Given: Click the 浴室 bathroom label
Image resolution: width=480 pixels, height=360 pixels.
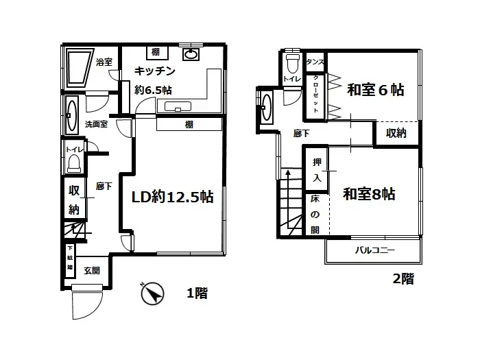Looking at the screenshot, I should tap(104, 62).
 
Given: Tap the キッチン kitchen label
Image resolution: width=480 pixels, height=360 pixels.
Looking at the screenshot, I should tap(155, 71).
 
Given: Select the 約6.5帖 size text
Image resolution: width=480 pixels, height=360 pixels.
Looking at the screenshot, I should tap(154, 89).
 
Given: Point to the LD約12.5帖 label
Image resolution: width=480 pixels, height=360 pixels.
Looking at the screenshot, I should tap(173, 197).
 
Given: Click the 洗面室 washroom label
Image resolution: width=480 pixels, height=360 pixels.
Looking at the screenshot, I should tap(96, 125).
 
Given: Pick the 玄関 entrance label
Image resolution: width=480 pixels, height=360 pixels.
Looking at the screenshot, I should tap(92, 270).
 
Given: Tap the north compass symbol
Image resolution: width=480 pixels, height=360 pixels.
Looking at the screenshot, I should tap(153, 294).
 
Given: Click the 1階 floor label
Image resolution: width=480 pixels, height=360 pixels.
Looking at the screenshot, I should tap(197, 294).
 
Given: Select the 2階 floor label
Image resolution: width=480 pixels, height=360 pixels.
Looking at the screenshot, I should tap(403, 279).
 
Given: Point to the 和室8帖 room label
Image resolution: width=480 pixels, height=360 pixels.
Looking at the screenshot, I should tap(370, 194).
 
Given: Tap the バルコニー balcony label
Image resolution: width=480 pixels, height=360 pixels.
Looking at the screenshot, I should tap(374, 251).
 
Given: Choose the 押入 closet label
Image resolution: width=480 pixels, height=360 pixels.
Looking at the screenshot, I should tap(316, 170).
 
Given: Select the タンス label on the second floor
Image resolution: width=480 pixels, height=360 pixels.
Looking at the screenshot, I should tap(315, 63).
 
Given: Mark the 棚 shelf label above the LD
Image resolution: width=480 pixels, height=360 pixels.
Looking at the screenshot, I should tap(189, 124).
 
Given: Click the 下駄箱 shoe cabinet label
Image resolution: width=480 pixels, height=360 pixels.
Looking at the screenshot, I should tap(69, 260).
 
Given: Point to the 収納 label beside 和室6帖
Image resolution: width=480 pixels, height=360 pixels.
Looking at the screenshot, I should tap(396, 133).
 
